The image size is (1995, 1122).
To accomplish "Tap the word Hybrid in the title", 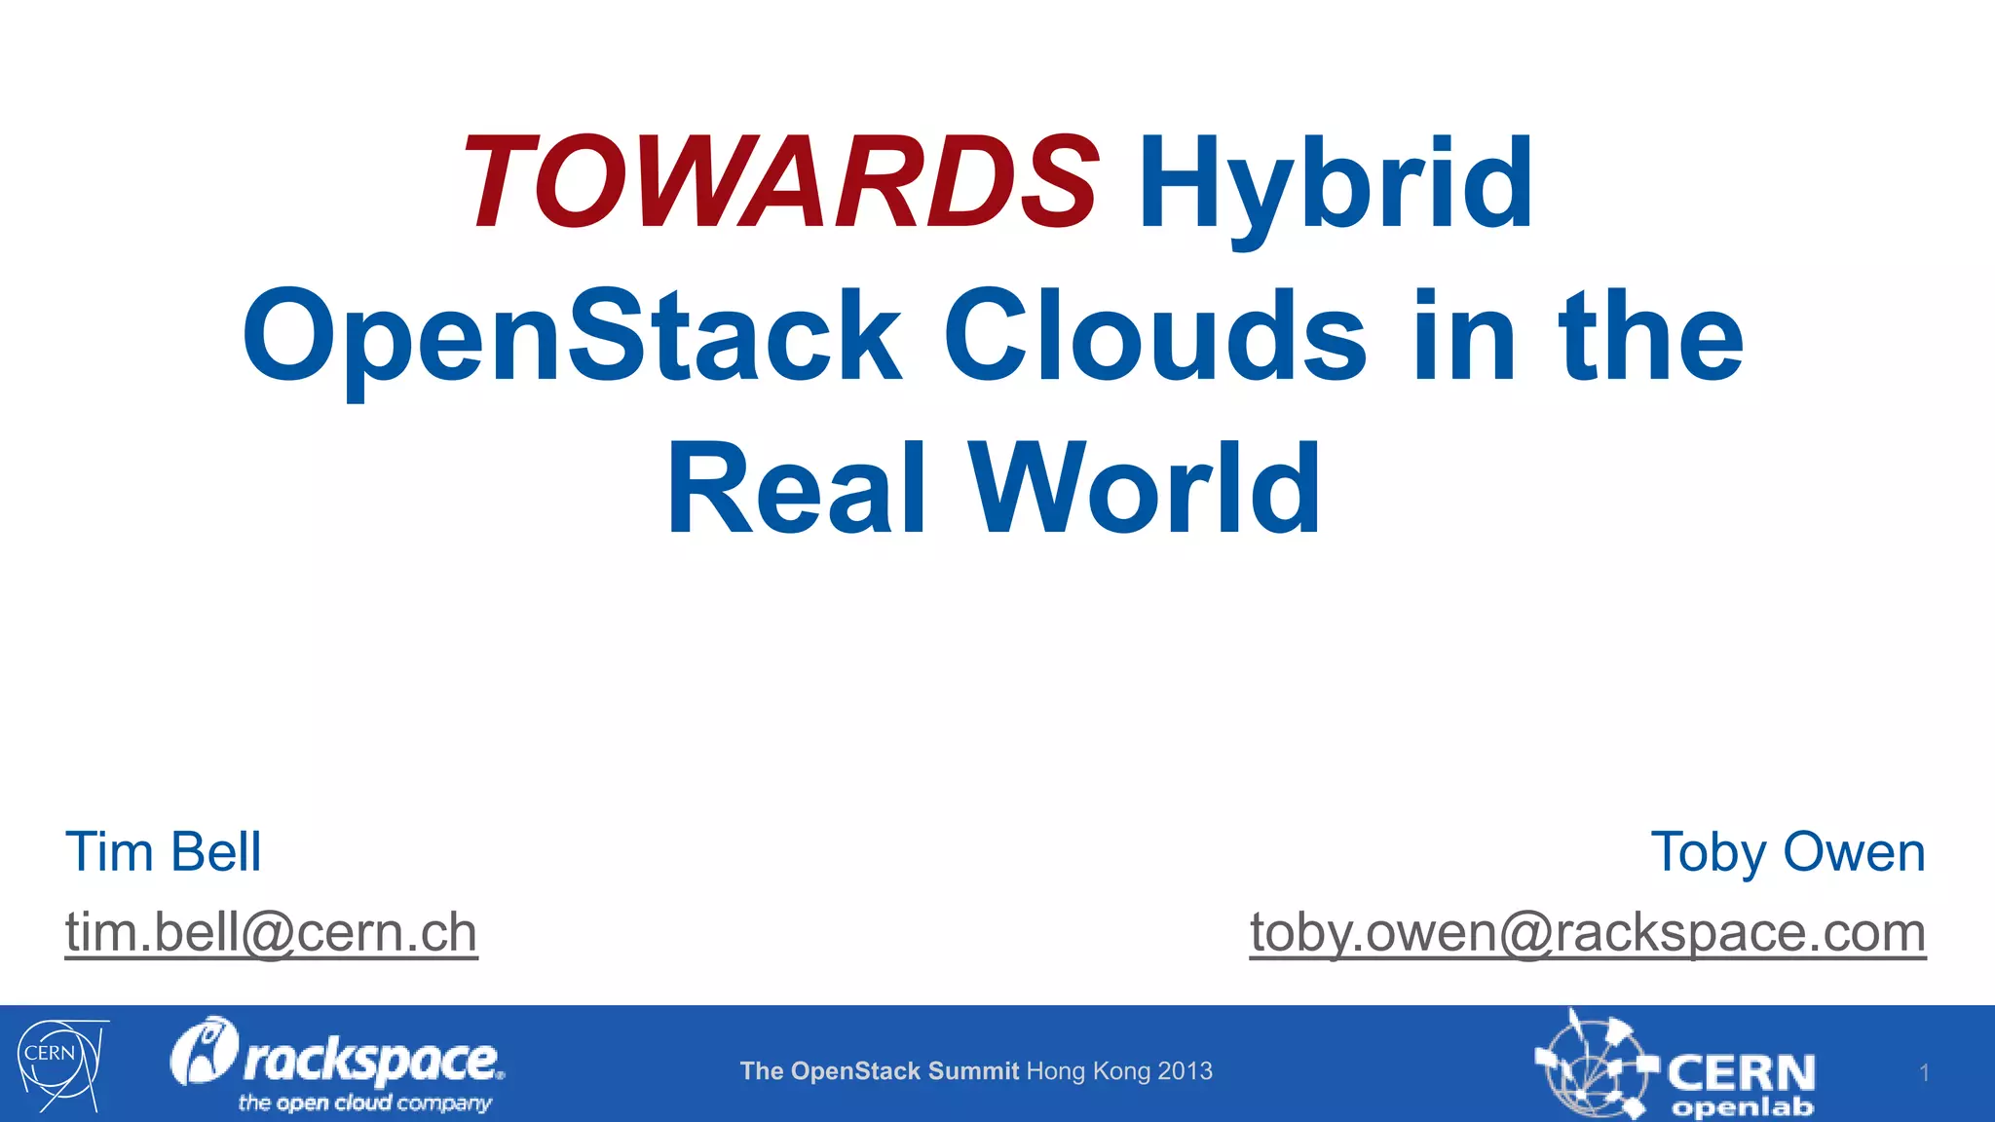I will click(1336, 185).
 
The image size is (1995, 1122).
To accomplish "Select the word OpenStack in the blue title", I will click(573, 336).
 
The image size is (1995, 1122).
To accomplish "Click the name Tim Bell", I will click(164, 852).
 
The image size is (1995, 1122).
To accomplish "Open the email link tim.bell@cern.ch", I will click(271, 932).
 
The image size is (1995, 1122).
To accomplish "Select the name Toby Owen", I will click(1788, 852).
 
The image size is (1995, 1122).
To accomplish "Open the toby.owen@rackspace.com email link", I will click(1588, 932).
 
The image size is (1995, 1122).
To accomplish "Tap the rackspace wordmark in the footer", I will click(370, 1060).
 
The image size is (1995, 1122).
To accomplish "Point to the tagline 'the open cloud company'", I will click(365, 1103).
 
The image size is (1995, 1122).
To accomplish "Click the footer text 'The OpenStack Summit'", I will click(879, 1071).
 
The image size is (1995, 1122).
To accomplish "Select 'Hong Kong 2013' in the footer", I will click(1120, 1071).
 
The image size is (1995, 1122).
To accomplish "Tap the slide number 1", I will click(1924, 1073).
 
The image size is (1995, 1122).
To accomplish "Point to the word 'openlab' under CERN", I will click(1743, 1107).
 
